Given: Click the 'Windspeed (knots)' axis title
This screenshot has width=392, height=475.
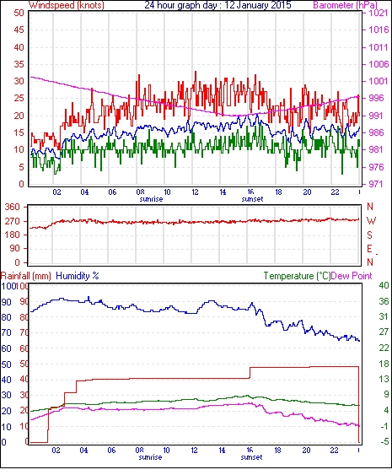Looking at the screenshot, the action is [67, 5].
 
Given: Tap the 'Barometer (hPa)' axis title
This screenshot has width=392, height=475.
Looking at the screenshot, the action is [345, 5].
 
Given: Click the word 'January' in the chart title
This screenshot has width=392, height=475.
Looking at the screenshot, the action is [252, 5].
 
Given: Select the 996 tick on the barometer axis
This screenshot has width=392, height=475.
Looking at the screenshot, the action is [377, 98].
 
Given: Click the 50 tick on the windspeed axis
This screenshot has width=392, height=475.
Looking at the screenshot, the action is [19, 13].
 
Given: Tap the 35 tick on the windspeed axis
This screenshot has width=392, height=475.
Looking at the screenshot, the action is [19, 64].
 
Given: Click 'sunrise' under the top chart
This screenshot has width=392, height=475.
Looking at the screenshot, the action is [151, 199].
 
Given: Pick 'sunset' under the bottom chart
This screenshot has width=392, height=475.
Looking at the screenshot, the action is [251, 456].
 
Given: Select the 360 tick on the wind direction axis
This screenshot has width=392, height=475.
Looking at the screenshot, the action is [13, 208].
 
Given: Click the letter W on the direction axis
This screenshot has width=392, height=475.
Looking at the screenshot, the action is [371, 221].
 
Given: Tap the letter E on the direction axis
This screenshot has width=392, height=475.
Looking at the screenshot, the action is [369, 249].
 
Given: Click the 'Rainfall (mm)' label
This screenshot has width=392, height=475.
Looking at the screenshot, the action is [26, 276].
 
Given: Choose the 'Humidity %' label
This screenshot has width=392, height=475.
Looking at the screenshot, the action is [78, 276].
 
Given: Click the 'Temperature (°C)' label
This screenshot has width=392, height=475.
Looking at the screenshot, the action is [297, 276].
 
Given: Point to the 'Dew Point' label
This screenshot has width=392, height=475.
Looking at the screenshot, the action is [352, 276].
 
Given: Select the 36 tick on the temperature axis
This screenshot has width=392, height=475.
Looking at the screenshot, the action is [384, 301].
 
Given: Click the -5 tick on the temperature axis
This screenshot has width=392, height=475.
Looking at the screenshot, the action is [384, 441].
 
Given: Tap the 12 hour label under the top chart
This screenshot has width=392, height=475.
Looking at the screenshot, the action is [195, 192].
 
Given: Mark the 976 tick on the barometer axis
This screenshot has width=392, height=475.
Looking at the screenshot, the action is [377, 167].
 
